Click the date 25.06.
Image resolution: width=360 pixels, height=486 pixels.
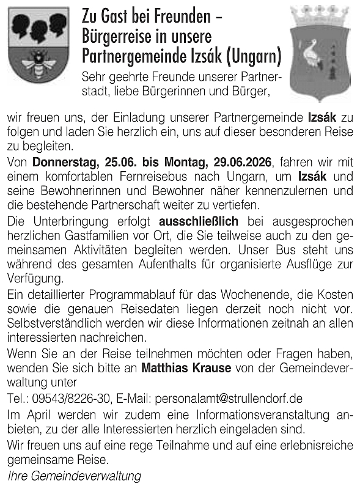coord(122,163)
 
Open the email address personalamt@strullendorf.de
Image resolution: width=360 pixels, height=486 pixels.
coord(230,399)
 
